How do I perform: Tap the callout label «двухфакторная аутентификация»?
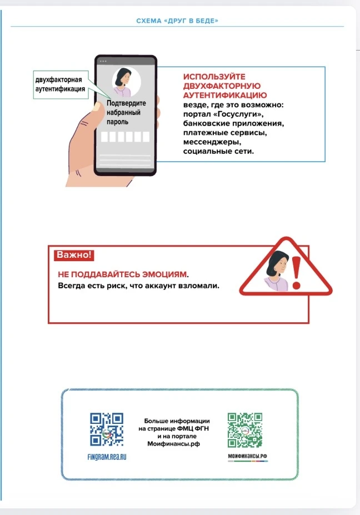[60, 84]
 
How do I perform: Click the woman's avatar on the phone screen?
[126, 82]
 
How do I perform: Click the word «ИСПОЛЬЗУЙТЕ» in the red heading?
[214, 77]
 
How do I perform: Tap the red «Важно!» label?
[74, 255]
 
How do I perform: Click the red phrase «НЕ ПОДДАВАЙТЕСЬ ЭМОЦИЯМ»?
[122, 274]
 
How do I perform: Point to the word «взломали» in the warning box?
[202, 286]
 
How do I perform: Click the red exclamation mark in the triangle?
[297, 270]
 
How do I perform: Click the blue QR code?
[106, 429]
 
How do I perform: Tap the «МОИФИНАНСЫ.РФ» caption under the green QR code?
[245, 456]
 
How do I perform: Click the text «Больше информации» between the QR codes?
[176, 421]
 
